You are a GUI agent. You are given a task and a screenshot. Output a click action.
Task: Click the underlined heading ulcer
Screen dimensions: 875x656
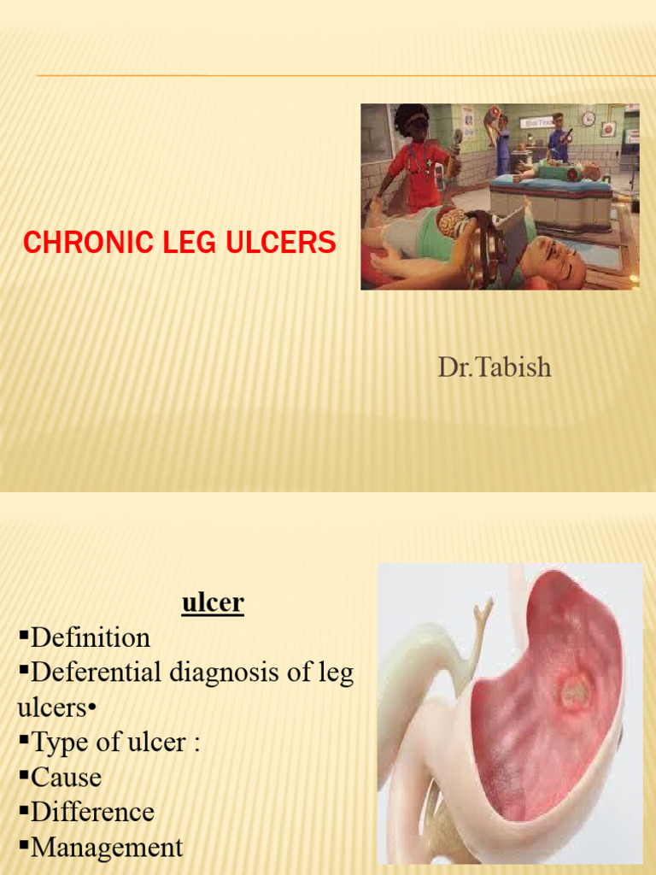[213, 603]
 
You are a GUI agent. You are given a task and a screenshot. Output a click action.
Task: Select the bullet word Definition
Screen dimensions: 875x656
[91, 637]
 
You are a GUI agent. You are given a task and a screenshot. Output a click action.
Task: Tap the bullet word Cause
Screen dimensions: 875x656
[66, 778]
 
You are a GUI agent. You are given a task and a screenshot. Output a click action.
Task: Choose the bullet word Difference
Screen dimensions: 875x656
[92, 812]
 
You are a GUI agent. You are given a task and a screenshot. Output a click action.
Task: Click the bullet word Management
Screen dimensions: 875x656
[107, 848]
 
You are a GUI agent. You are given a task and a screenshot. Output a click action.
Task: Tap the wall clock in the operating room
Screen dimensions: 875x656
[589, 119]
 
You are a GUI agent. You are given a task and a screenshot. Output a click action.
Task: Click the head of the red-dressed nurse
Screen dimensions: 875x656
[413, 123]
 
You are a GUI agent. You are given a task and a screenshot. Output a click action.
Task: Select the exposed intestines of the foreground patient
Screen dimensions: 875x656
[452, 225]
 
